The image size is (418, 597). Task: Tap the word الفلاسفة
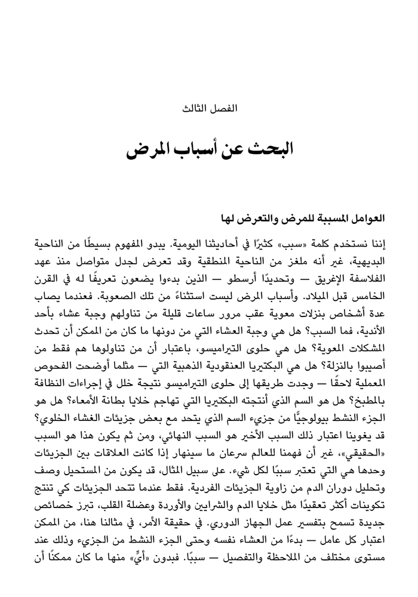[x=365, y=276]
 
